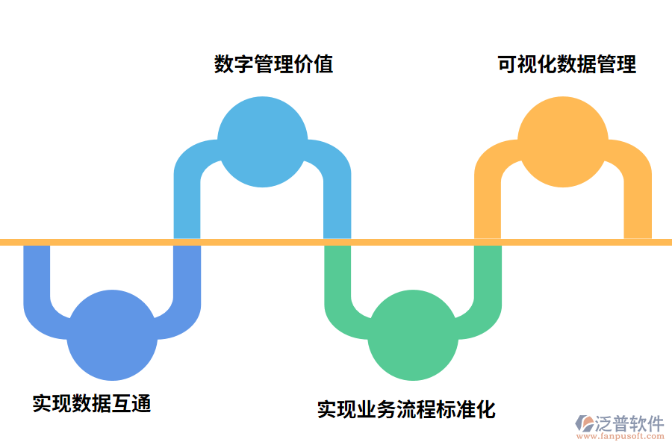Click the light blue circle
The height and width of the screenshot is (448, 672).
[262, 142]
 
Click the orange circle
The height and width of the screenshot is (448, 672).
[562, 142]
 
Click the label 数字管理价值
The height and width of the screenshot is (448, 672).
[273, 64]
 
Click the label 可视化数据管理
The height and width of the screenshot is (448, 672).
[567, 64]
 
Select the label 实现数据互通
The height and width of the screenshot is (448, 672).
[92, 404]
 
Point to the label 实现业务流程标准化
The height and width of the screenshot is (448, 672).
[406, 410]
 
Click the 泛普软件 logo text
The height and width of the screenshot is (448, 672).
[629, 424]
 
